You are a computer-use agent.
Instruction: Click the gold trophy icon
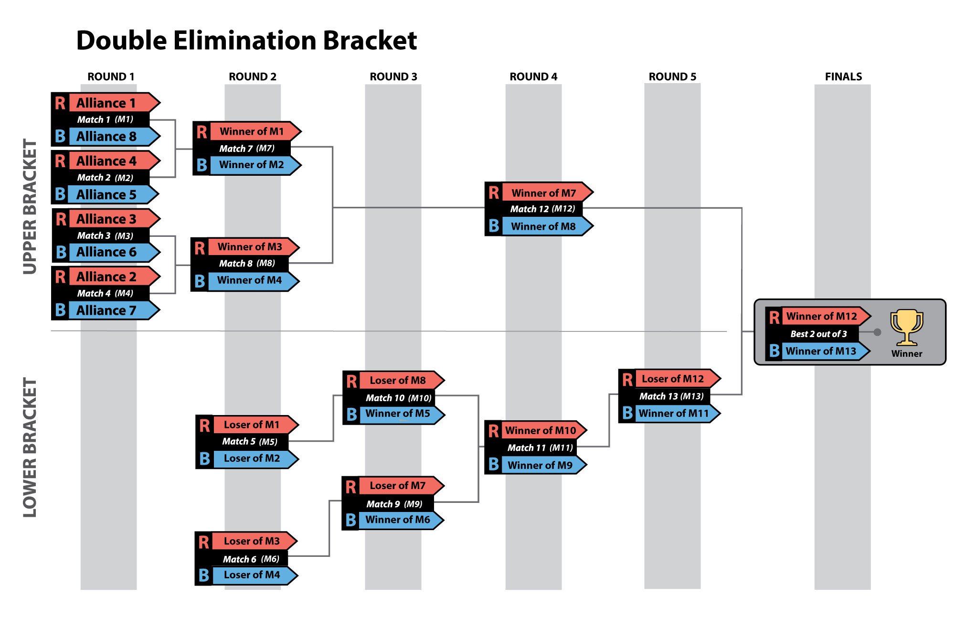pyautogui.click(x=906, y=327)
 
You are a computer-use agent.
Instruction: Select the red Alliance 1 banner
pyautogui.click(x=114, y=103)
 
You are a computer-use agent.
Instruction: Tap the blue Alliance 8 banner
pyautogui.click(x=114, y=137)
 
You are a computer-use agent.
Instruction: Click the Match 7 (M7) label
pyautogui.click(x=247, y=149)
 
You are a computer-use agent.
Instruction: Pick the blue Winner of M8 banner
pyautogui.click(x=547, y=226)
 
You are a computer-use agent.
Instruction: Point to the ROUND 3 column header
pyautogui.click(x=393, y=76)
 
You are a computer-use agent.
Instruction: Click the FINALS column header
pyautogui.click(x=843, y=76)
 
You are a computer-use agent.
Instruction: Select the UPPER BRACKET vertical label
pyautogui.click(x=30, y=206)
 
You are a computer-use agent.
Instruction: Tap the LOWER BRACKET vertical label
pyautogui.click(x=30, y=448)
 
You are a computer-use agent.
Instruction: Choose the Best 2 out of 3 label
pyautogui.click(x=818, y=334)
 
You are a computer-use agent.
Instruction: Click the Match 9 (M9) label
pyautogui.click(x=394, y=504)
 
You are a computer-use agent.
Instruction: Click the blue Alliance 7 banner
pyautogui.click(x=114, y=310)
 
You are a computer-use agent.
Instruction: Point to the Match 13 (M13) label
pyautogui.click(x=671, y=396)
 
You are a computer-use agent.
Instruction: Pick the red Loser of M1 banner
pyautogui.click(x=255, y=425)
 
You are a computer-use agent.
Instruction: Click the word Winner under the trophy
pyautogui.click(x=907, y=354)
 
